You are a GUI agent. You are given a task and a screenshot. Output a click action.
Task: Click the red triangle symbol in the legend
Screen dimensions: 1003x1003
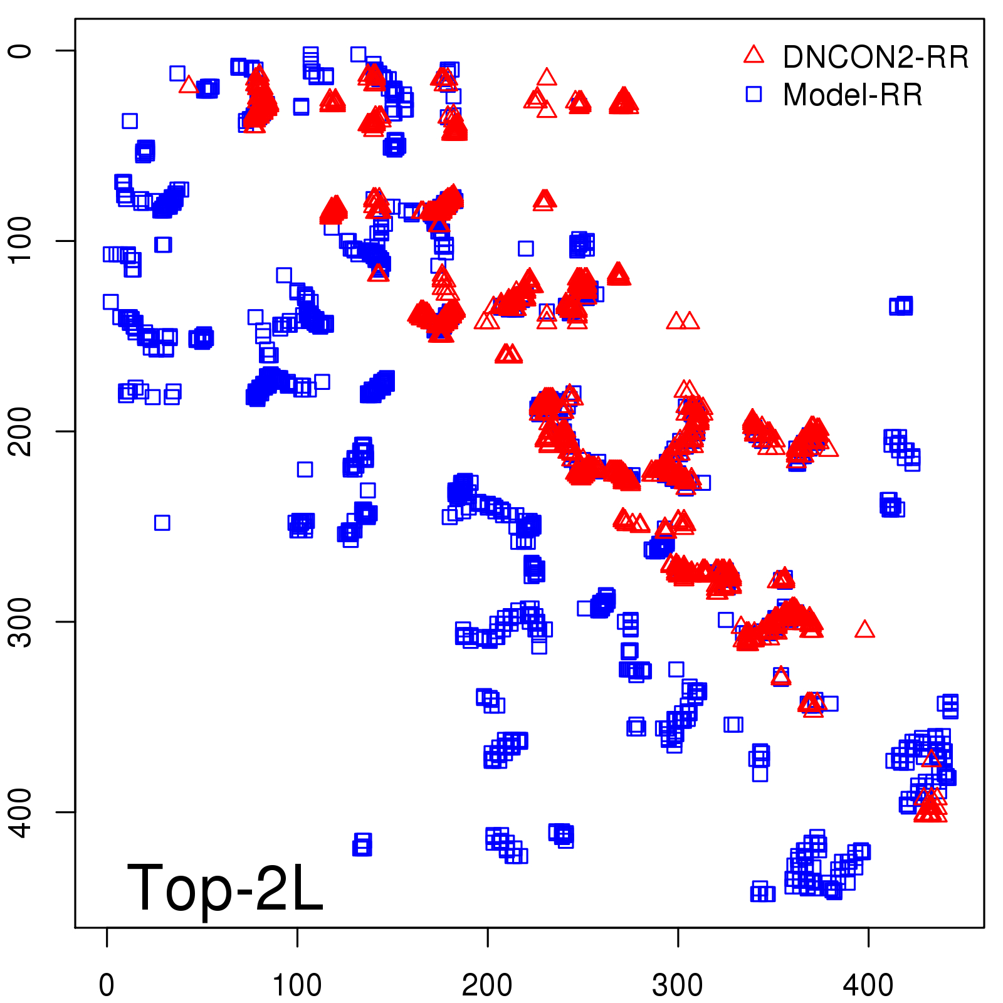[754, 55]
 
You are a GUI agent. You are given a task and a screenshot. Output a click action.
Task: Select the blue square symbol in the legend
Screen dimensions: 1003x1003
[754, 94]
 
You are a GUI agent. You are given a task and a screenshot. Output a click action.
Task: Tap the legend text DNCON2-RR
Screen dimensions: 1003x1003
[875, 57]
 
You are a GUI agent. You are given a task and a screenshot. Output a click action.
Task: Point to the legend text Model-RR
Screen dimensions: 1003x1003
[853, 95]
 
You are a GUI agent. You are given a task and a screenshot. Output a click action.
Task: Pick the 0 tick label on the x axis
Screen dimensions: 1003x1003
[107, 985]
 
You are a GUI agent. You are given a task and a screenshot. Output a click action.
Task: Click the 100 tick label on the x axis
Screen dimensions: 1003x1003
[297, 985]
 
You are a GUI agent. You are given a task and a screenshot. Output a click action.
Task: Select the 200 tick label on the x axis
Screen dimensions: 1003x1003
[487, 985]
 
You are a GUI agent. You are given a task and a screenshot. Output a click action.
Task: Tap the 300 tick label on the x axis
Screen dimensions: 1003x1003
[678, 985]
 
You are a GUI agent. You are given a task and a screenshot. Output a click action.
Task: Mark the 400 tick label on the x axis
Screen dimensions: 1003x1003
[868, 985]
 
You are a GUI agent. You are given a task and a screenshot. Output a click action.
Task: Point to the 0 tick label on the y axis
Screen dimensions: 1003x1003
[21, 51]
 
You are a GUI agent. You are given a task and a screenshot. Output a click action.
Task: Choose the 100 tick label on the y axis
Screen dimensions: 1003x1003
[21, 241]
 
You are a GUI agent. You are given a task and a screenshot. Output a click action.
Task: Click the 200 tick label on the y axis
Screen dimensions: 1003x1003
[21, 431]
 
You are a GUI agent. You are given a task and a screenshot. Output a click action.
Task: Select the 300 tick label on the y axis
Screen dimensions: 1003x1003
[21, 622]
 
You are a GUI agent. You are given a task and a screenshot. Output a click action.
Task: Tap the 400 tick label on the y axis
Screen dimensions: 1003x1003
[21, 812]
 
